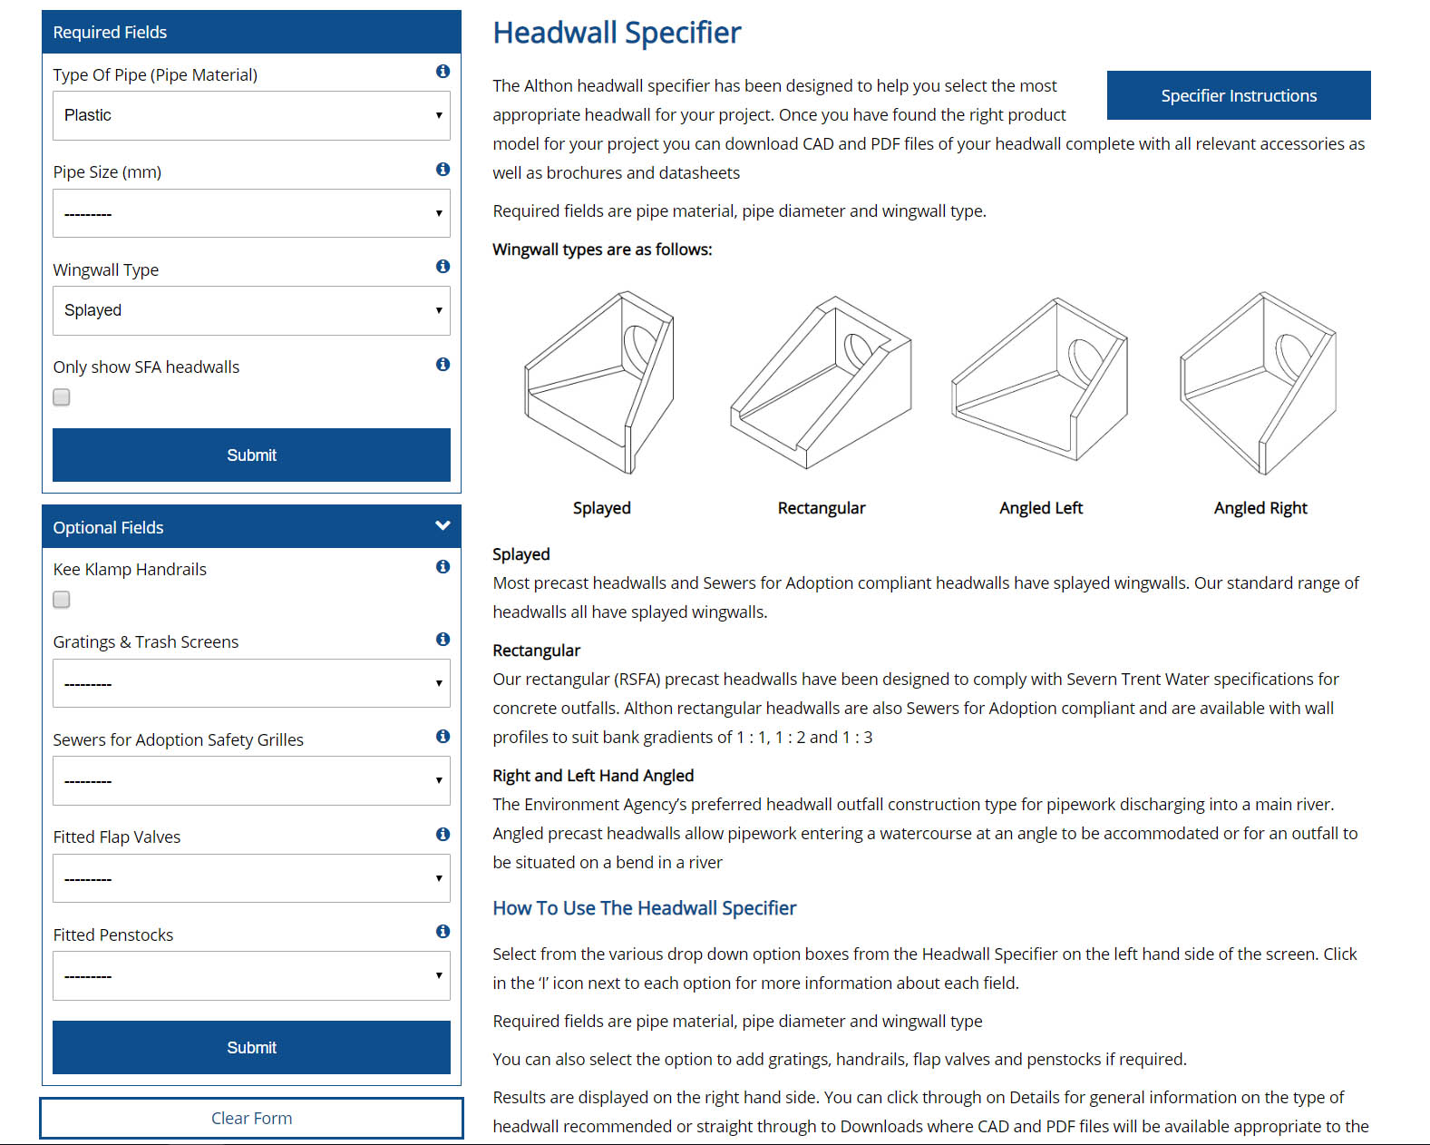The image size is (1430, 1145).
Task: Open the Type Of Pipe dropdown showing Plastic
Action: click(x=251, y=115)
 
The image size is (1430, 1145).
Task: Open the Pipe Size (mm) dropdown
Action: click(x=251, y=213)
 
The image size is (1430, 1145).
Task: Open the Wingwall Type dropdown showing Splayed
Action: click(x=251, y=310)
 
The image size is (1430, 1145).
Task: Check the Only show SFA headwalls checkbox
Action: click(x=62, y=397)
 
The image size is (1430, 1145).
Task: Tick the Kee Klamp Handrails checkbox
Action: click(x=62, y=600)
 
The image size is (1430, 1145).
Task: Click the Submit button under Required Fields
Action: click(x=251, y=455)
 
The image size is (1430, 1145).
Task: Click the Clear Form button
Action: click(x=251, y=1118)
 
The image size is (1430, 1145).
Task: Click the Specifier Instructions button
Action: click(x=1239, y=95)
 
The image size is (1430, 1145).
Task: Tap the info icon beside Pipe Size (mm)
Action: click(x=443, y=169)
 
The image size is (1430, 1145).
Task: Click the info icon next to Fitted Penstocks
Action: click(x=443, y=932)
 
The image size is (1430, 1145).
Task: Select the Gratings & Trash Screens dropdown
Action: click(x=251, y=683)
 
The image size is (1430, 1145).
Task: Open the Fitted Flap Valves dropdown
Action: click(x=251, y=877)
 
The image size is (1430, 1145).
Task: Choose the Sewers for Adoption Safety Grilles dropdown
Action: click(x=251, y=780)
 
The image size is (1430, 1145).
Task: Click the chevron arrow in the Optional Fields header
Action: click(x=443, y=526)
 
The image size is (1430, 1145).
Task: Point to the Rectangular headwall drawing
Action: click(x=821, y=382)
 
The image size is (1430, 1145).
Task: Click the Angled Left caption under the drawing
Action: click(x=1041, y=508)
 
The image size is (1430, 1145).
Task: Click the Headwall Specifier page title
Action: click(x=617, y=33)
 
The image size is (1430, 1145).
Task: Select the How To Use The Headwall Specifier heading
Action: click(x=645, y=907)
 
